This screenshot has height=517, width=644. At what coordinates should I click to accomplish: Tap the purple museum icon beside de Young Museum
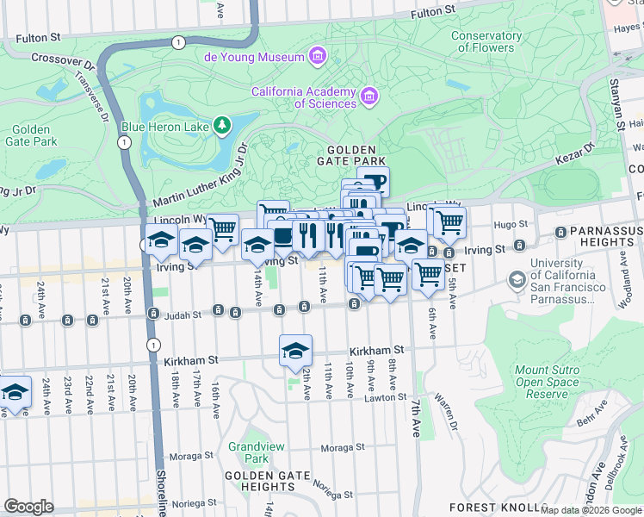(x=317, y=57)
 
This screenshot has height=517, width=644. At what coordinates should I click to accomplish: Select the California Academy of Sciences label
(x=303, y=97)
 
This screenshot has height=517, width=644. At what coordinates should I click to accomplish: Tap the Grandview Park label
(x=249, y=452)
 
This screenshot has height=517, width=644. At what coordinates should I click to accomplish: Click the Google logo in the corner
(x=28, y=507)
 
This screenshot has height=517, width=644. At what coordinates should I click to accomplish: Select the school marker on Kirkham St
(x=295, y=350)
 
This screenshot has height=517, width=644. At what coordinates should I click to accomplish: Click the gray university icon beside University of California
(x=517, y=280)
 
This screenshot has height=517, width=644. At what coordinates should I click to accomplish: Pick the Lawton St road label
(x=384, y=397)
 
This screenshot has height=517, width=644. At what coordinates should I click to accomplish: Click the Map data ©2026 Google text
(x=591, y=510)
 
